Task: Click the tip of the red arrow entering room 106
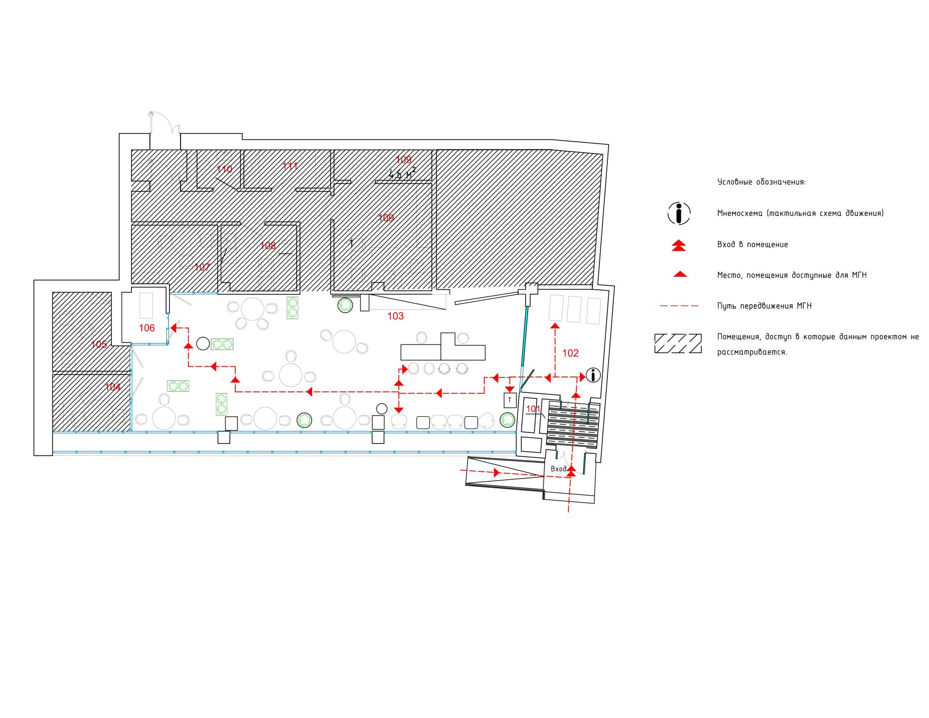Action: tap(171, 328)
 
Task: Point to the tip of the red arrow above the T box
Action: tap(509, 392)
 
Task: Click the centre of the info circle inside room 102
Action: tap(593, 375)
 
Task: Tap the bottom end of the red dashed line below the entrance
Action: tap(568, 513)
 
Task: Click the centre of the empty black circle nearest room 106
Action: tap(203, 343)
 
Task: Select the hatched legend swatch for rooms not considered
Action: tap(678, 344)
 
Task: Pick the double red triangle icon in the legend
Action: tap(679, 245)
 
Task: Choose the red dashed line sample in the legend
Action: tap(679, 306)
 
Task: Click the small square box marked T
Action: tap(510, 399)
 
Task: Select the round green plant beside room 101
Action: tap(508, 420)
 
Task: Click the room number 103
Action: tap(395, 316)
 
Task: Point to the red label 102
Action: tap(570, 353)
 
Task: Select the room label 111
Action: tap(290, 166)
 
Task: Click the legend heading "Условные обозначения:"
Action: tap(761, 182)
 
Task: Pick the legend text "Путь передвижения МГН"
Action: tap(764, 306)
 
